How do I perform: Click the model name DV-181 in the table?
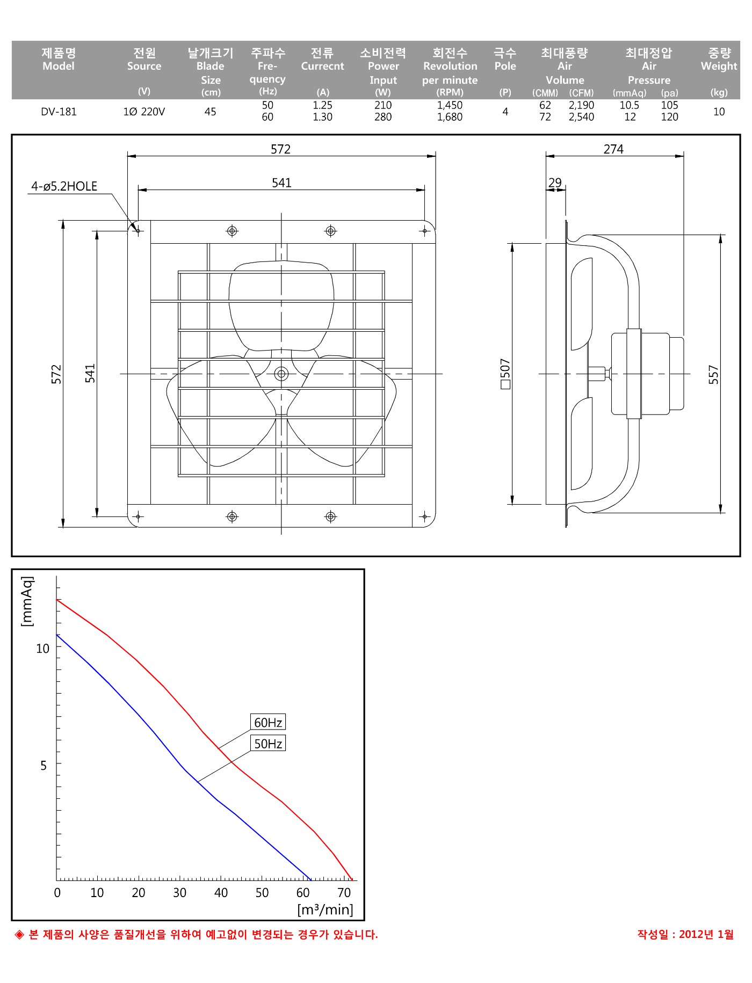click(59, 112)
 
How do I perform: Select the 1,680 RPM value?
click(450, 117)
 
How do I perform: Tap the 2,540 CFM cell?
click(581, 117)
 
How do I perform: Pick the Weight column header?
click(719, 66)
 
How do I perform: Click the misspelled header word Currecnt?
click(322, 66)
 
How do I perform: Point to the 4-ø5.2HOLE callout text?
click(64, 186)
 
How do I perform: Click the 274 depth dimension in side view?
click(613, 149)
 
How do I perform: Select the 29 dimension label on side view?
click(555, 183)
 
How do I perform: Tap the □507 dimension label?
click(505, 374)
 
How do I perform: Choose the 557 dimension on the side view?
click(713, 374)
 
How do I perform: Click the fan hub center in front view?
click(281, 374)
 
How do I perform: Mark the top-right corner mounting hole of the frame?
click(424, 231)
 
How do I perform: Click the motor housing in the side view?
click(647, 374)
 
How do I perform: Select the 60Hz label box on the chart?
click(268, 722)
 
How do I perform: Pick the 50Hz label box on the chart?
click(268, 744)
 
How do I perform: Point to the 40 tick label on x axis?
click(221, 893)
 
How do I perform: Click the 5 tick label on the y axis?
click(44, 765)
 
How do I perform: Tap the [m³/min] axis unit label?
click(325, 909)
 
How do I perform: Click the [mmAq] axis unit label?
click(27, 601)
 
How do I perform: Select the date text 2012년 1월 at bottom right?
click(706, 934)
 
